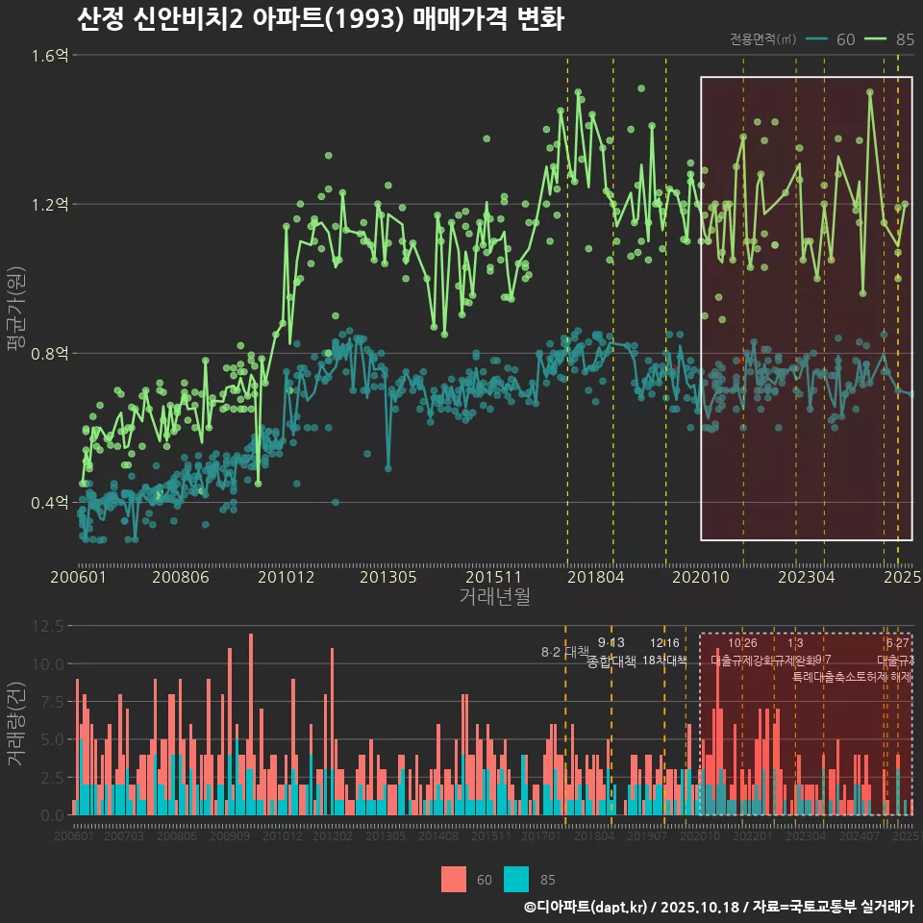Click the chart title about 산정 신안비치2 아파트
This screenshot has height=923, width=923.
click(319, 20)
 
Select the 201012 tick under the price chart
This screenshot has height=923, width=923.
click(285, 577)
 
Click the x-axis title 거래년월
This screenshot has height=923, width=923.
click(494, 597)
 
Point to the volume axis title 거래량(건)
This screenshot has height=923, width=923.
click(16, 723)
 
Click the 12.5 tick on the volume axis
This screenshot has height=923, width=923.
click(48, 626)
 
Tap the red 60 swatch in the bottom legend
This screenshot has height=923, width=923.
click(454, 879)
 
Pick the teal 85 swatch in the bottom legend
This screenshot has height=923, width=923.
click(516, 879)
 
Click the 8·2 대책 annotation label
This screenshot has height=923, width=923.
click(564, 653)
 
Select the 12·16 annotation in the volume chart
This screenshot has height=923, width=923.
click(664, 643)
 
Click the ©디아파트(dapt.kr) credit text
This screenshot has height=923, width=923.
click(587, 907)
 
